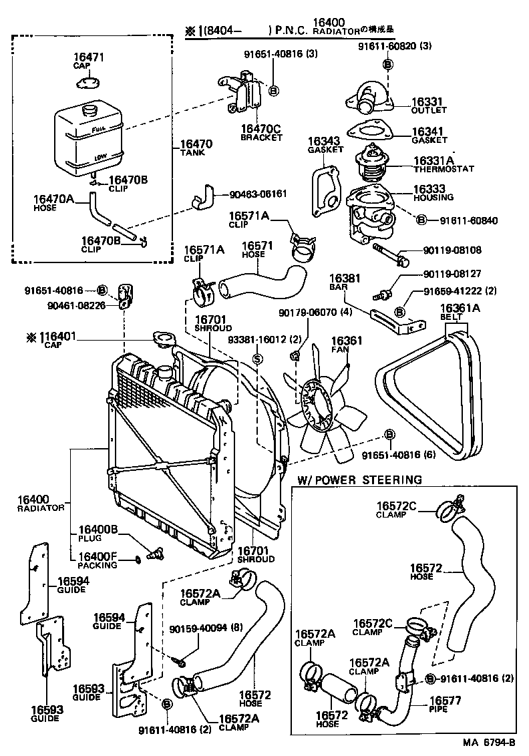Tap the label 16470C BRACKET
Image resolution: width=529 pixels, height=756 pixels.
pyautogui.click(x=261, y=132)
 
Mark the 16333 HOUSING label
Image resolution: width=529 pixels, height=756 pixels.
pyautogui.click(x=432, y=192)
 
